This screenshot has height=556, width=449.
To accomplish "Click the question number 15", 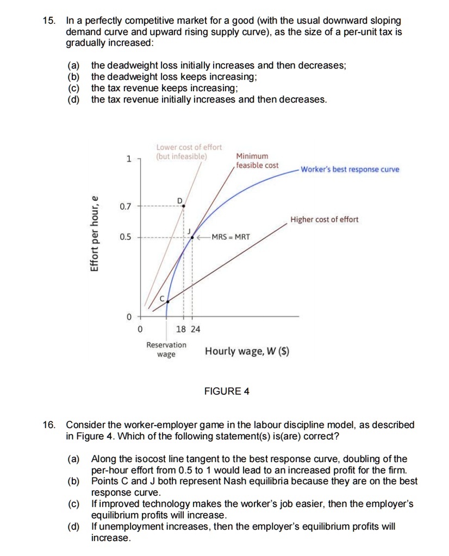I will point(49,21).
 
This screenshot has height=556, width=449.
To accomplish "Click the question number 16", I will point(49,425).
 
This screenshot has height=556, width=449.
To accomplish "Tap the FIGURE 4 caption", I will point(227,391).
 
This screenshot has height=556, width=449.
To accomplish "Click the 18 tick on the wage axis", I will point(182,329).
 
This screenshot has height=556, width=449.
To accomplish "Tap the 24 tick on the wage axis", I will point(195,329).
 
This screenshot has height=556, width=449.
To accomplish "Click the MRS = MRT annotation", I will point(230,237).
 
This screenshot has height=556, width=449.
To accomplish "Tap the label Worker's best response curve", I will point(350,169).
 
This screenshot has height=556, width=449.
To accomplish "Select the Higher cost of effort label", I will point(324,219).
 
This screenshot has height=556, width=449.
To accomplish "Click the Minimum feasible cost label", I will point(257,161).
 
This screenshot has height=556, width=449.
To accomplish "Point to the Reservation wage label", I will point(166,350).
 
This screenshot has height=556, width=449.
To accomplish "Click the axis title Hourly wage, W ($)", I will point(247,351).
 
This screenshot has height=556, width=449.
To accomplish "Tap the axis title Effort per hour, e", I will point(95,233).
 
